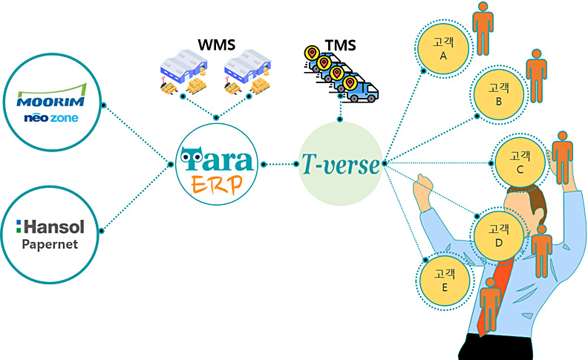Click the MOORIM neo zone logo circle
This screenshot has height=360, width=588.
(50, 106)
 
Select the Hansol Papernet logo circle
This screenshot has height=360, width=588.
(50, 232)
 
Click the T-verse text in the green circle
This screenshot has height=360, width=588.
(340, 164)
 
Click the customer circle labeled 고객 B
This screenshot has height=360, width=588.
(498, 94)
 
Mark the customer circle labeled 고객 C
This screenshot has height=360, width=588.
(520, 163)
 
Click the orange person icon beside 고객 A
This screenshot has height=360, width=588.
(483, 27)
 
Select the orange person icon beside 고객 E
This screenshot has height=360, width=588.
(489, 304)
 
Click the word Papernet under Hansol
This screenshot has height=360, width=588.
(50, 244)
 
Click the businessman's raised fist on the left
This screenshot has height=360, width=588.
(422, 186)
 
